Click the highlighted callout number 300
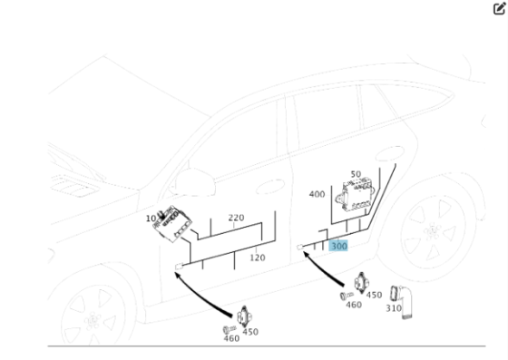[x=339, y=246]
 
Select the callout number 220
[x=236, y=218]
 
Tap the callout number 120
[x=257, y=258]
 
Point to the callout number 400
[x=317, y=194]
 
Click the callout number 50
[x=355, y=173]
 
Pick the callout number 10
[x=150, y=219]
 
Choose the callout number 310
[x=393, y=308]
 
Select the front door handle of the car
[x=270, y=189]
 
